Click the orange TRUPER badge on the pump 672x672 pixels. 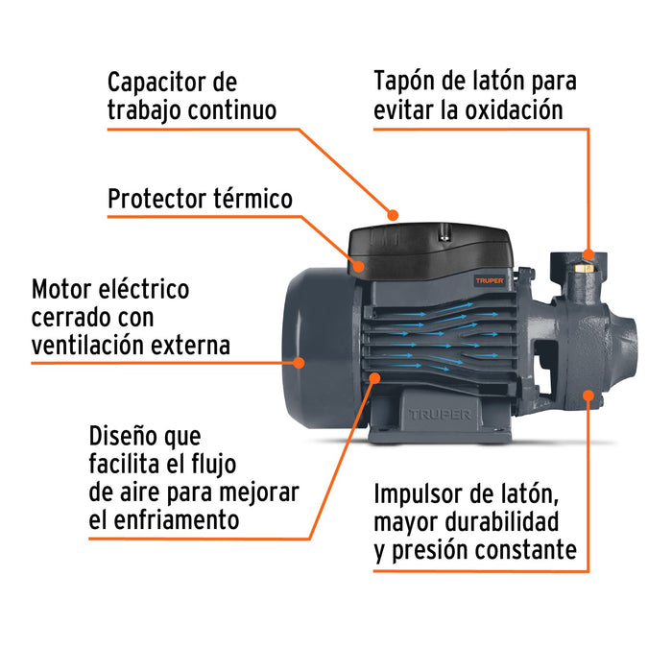pos(492,281)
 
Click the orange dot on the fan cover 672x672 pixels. pos(300,363)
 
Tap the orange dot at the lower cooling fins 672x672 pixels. pos(373,381)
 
